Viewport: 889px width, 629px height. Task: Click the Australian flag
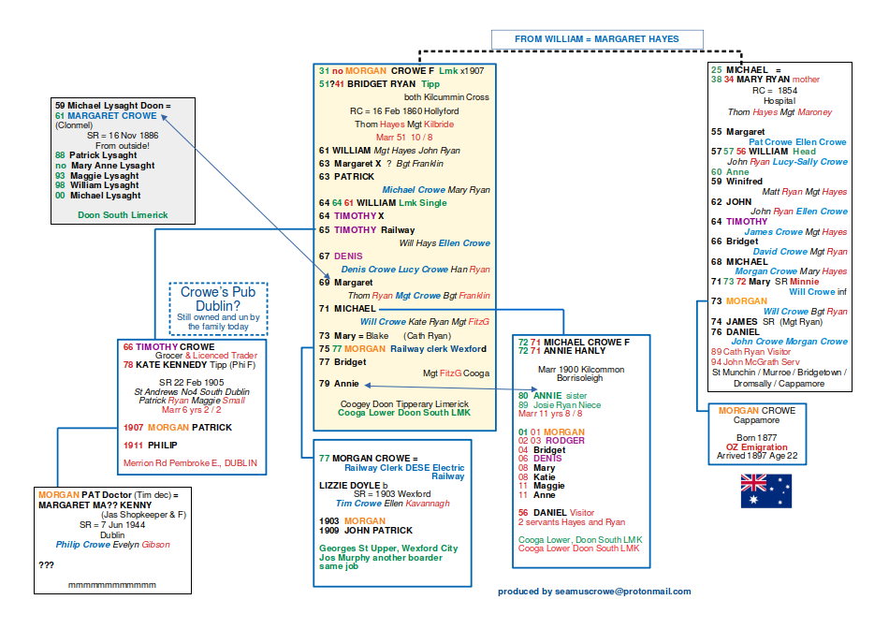tap(765, 490)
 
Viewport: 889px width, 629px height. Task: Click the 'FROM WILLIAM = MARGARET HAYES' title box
tap(597, 39)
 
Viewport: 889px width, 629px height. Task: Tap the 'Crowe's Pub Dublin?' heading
tap(218, 299)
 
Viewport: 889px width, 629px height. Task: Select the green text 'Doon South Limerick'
tap(124, 214)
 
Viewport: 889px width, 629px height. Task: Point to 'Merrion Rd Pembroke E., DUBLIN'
tap(190, 462)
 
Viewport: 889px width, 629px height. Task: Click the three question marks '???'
tap(47, 565)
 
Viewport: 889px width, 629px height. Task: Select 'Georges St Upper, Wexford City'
tap(388, 548)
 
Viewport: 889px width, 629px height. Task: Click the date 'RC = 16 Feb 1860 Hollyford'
tap(405, 110)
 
